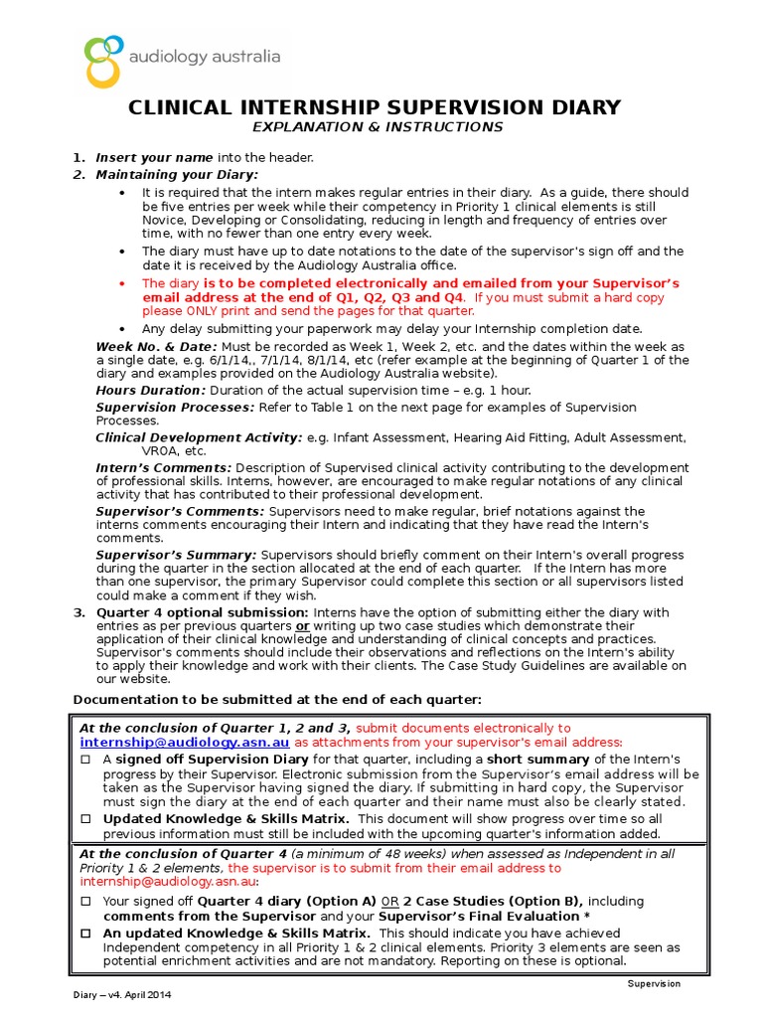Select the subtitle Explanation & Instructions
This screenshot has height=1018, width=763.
pos(377,127)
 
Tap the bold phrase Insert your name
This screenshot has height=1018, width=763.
pos(154,157)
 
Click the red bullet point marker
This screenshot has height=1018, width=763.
pos(121,283)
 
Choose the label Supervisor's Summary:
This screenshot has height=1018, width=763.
pos(176,555)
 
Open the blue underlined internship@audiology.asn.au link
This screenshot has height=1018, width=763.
pos(185,742)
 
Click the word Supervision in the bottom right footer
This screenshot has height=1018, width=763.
pos(653,983)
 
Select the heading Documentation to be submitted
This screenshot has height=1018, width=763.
pos(278,699)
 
